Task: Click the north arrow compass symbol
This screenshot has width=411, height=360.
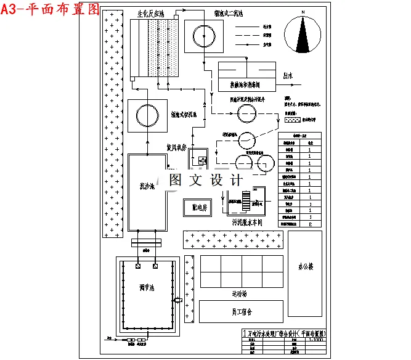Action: click(303, 38)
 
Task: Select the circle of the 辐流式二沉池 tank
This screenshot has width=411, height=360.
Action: click(203, 37)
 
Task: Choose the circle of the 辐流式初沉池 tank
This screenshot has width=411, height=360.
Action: click(147, 115)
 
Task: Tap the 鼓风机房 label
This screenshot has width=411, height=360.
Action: click(177, 148)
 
